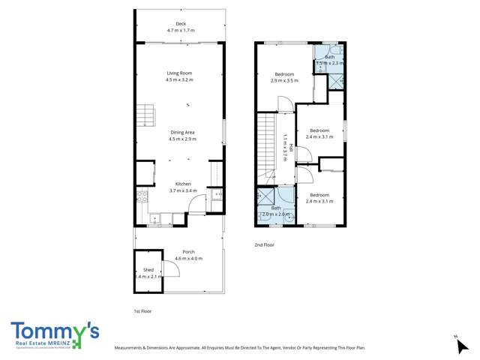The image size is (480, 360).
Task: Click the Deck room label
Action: pos(180,24)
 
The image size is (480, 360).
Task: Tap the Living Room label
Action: pos(180,73)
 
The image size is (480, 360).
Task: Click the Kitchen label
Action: pos(183,184)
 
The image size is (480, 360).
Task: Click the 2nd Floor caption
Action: pos(265,244)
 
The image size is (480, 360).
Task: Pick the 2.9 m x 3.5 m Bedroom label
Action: pos(285,73)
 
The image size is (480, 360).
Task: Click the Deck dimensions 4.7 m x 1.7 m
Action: pos(180,31)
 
